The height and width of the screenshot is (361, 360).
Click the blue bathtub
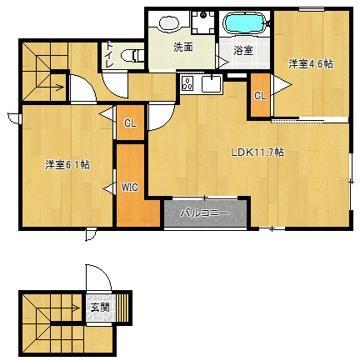(x=245, y=23)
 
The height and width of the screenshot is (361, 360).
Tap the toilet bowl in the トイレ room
(x=132, y=56)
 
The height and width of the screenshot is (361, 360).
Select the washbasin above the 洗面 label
(x=168, y=23)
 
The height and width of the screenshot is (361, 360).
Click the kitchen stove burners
(x=187, y=83)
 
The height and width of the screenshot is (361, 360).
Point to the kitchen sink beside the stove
(x=212, y=83)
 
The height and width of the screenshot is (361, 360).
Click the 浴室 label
(x=243, y=50)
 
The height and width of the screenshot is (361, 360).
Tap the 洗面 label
(x=183, y=47)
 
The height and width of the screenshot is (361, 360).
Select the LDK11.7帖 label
(x=257, y=153)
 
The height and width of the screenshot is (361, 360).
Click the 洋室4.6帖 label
(x=311, y=64)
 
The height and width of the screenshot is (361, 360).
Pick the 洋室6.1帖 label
(x=67, y=165)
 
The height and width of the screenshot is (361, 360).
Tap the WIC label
(x=129, y=188)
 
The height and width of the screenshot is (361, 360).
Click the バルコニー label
(x=205, y=213)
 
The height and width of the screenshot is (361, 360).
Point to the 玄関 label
(x=100, y=308)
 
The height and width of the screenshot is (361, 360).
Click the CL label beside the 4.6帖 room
(x=260, y=96)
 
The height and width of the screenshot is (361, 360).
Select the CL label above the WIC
(x=130, y=123)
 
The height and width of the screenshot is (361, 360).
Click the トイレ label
(x=109, y=54)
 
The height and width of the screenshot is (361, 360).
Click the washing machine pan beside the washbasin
(x=203, y=23)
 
